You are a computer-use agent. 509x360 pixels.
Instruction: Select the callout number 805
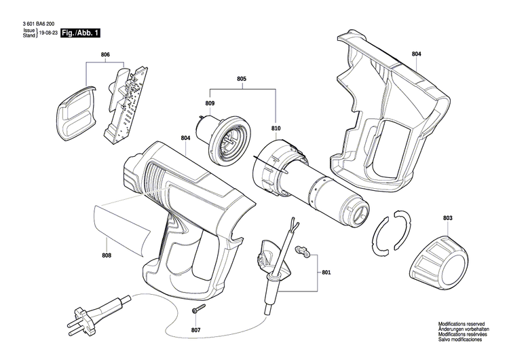pyautogui.click(x=241, y=79)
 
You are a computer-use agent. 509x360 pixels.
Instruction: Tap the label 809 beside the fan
pyautogui.click(x=210, y=103)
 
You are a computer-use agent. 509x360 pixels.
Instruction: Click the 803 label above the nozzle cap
pyautogui.click(x=447, y=218)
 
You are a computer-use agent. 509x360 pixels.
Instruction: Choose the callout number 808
pyautogui.click(x=107, y=256)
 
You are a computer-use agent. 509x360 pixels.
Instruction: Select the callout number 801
pyautogui.click(x=326, y=273)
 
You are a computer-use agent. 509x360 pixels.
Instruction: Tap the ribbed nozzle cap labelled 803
pyautogui.click(x=440, y=258)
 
